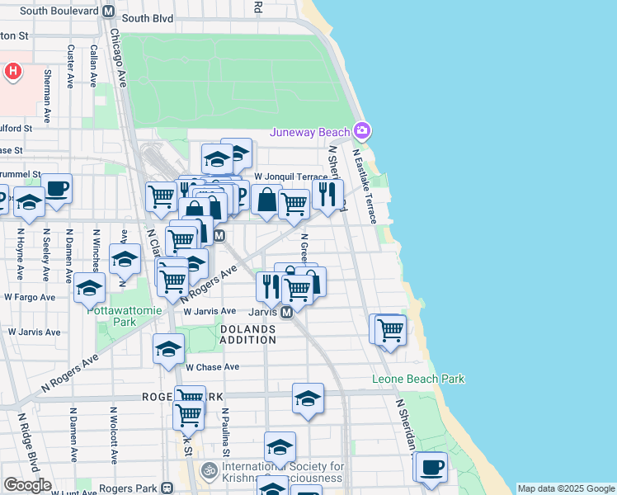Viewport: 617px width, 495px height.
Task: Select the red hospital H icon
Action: click(x=13, y=72)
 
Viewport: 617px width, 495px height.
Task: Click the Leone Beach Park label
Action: click(x=418, y=379)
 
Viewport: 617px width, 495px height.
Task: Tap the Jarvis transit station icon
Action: click(x=286, y=313)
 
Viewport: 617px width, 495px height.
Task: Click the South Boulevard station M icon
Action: click(x=107, y=12)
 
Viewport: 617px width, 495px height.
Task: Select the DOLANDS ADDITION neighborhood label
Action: click(x=247, y=334)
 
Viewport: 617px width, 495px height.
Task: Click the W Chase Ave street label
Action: click(x=212, y=367)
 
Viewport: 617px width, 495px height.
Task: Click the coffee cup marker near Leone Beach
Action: click(x=431, y=467)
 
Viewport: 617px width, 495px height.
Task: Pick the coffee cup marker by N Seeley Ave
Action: click(x=56, y=188)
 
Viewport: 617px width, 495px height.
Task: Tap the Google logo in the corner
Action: click(x=26, y=485)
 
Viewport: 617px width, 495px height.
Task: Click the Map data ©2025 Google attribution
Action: click(x=566, y=488)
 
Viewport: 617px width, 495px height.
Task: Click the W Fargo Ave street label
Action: click(x=30, y=296)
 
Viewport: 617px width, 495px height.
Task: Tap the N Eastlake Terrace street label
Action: click(x=364, y=186)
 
